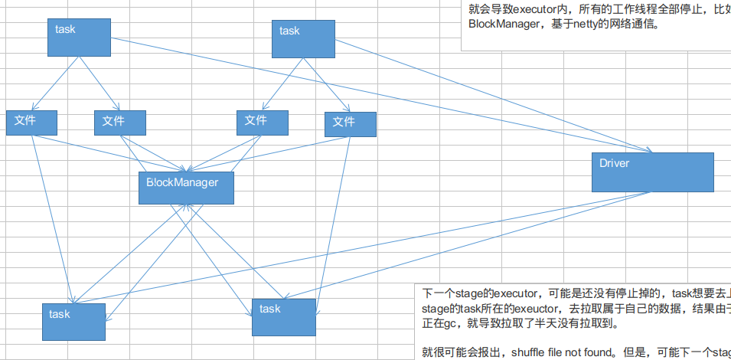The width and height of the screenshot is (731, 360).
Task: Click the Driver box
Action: coord(652,172)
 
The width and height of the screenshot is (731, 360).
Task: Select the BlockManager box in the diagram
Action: coord(185,188)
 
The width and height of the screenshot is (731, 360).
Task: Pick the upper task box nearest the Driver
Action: coord(304,38)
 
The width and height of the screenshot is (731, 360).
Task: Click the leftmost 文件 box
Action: coord(32,123)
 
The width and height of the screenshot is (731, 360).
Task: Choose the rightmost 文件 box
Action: coord(350,124)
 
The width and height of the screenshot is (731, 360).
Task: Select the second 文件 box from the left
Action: coord(119,123)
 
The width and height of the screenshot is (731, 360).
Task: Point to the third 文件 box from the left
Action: coord(263,123)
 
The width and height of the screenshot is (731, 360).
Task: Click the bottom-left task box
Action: coord(73,321)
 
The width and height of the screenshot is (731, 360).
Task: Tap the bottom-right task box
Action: coord(283,316)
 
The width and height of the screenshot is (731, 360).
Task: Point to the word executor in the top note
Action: coord(539,9)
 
